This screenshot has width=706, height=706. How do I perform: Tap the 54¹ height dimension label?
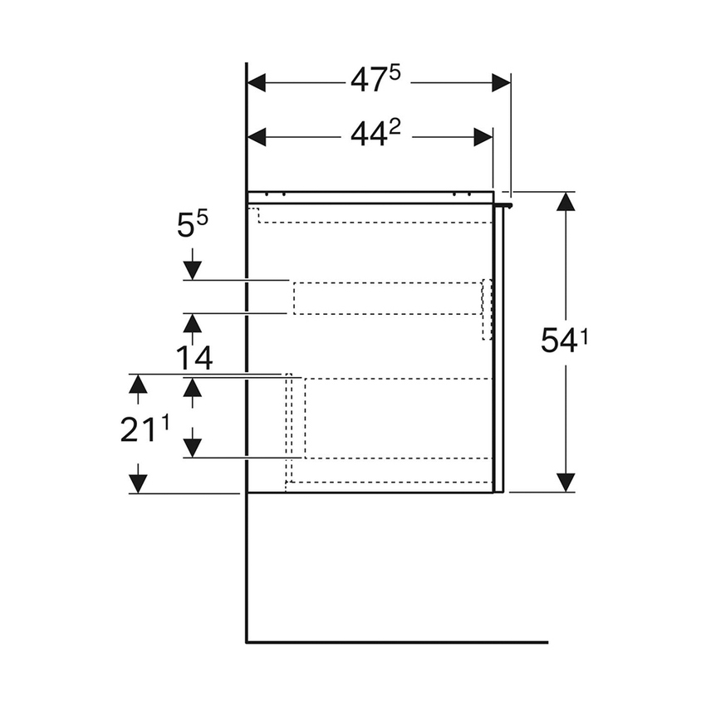coord(564,340)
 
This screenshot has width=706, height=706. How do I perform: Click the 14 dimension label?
coord(194,359)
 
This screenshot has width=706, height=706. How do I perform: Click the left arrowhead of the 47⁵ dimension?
coord(257,83)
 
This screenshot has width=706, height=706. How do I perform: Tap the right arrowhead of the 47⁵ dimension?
coord(501,83)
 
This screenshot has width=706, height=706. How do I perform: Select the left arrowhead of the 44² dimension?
coord(257,137)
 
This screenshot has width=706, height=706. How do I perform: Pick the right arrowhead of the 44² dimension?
coord(483,137)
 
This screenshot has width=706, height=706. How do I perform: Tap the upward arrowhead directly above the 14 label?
coord(192,323)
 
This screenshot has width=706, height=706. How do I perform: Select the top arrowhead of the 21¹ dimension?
coord(138,384)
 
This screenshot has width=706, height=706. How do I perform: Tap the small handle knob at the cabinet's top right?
coord(507,203)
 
